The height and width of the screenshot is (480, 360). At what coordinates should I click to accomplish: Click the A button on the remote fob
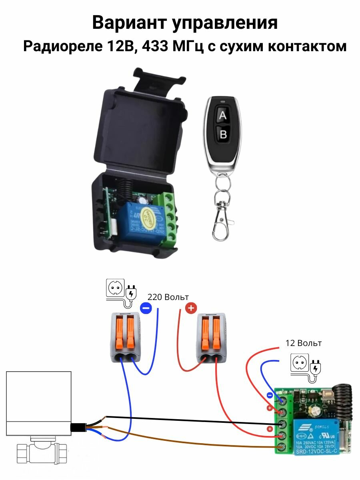(x=223, y=116)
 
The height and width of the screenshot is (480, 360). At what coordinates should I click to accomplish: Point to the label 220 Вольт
(x=168, y=297)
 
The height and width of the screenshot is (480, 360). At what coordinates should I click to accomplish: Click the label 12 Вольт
(x=303, y=343)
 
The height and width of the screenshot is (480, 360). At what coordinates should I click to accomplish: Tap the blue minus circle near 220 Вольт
(x=146, y=308)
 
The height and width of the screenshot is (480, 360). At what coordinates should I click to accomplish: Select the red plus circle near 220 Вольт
(x=191, y=308)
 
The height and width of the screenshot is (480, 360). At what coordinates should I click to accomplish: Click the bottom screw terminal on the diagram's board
(x=283, y=446)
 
